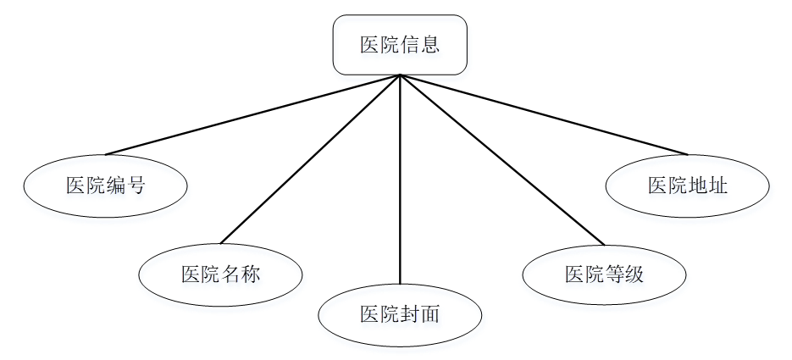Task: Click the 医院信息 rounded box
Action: point(399,45)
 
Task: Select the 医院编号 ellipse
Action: point(105,184)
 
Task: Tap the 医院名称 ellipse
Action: point(220,273)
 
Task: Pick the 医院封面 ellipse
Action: point(399,315)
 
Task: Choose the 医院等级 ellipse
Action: point(604,273)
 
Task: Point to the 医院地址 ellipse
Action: point(688,184)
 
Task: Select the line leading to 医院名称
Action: point(309,159)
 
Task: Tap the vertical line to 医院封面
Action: point(399,178)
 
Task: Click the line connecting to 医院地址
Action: point(542,114)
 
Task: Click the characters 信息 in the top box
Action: point(420,45)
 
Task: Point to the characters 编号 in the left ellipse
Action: point(126,185)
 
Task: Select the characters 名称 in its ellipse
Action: point(241,274)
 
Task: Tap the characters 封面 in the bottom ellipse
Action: point(420,315)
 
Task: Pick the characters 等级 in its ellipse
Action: point(625,274)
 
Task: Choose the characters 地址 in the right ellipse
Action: point(709,185)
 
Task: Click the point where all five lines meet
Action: point(399,75)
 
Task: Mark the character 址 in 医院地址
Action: point(718,185)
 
